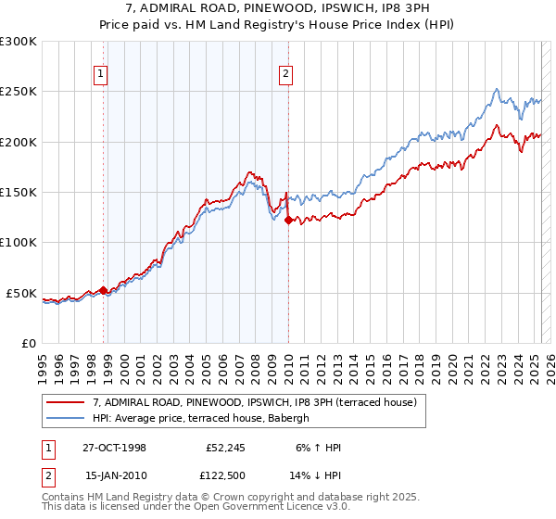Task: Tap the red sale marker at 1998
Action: (x=103, y=290)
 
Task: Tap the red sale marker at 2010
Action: (x=288, y=220)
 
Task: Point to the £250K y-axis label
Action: (x=19, y=92)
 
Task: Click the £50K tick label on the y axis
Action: (x=22, y=293)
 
